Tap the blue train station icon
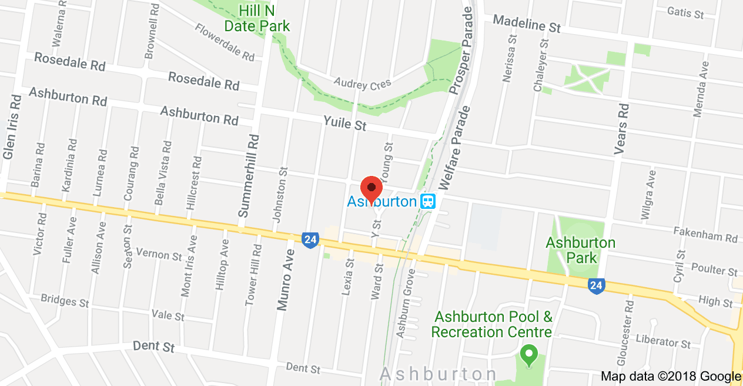tap(428, 202)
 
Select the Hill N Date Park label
tap(257, 18)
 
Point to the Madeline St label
tap(527, 24)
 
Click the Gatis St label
tap(685, 12)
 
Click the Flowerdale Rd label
tap(225, 42)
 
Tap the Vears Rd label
tap(621, 129)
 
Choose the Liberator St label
tap(663, 341)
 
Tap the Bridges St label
tap(65, 300)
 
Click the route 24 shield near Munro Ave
tap(310, 239)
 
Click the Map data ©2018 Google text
tap(671, 376)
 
